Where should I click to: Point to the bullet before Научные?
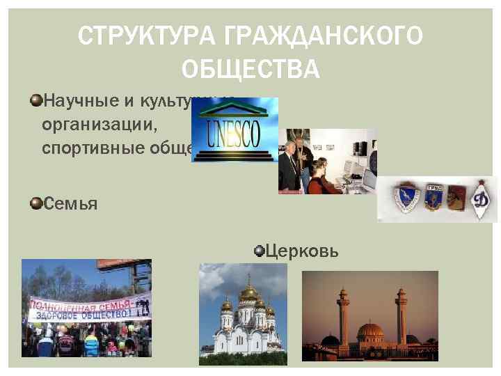tap(35, 102)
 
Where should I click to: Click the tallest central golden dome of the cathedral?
tap(248, 292)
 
